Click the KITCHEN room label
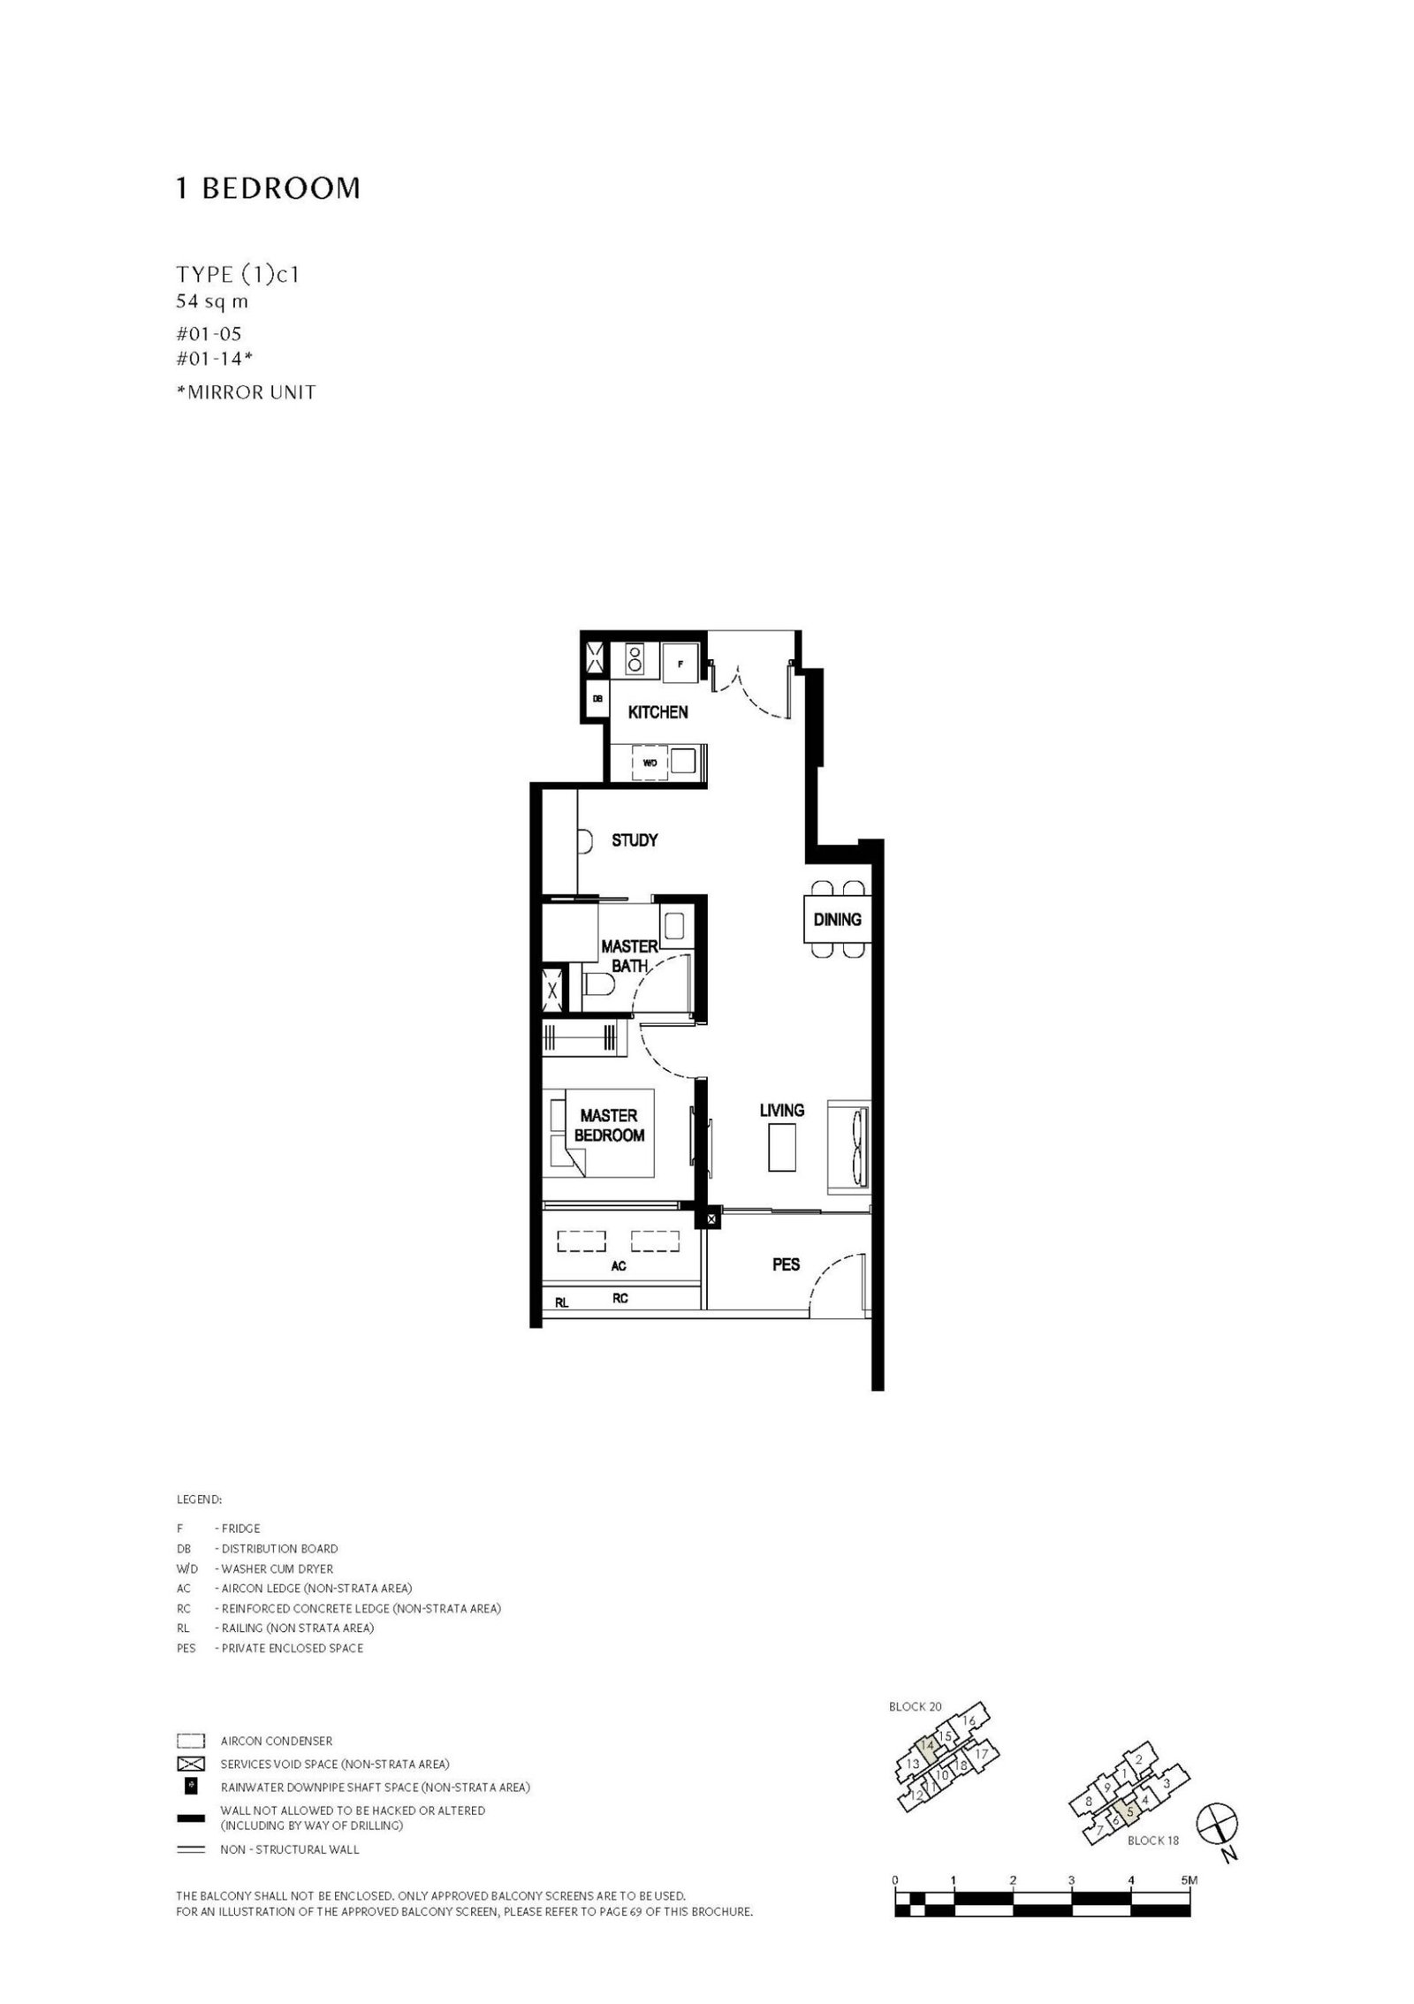[658, 712]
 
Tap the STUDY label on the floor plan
[635, 840]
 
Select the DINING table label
[837, 920]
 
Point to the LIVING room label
[781, 1110]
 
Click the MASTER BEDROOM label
[609, 1126]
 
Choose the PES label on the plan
[786, 1264]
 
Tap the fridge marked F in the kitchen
[681, 663]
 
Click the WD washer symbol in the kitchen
[650, 763]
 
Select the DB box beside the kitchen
[597, 698]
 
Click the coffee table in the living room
[782, 1146]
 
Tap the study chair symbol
[582, 841]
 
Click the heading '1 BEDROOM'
[268, 188]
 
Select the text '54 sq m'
[212, 301]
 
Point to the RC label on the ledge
[620, 1299]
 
